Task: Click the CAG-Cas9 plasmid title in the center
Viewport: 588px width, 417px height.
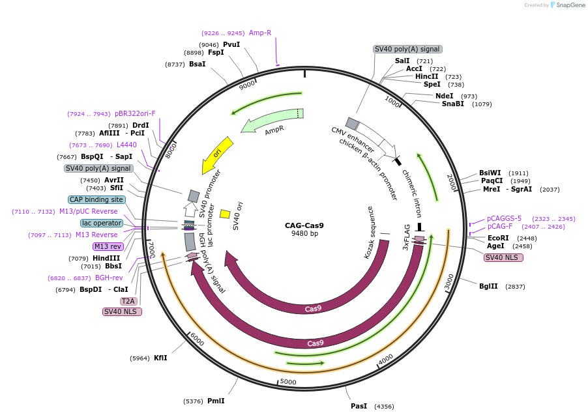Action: (304, 226)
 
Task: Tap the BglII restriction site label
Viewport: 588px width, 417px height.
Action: (488, 286)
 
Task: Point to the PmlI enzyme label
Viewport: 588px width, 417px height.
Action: (216, 401)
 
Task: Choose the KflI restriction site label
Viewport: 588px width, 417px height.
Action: (160, 358)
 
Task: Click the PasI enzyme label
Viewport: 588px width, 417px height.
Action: (359, 406)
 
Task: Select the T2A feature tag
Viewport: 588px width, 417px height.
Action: (128, 301)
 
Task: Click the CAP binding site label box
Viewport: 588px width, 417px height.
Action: (96, 199)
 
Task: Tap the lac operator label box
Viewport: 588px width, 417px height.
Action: (102, 223)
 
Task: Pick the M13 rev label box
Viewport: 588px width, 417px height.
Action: (108, 246)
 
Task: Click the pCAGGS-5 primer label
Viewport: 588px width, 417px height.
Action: (505, 218)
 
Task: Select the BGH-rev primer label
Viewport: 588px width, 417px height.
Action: (109, 278)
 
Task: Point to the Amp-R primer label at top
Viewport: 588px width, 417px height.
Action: (260, 33)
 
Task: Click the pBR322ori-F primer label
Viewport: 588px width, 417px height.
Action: (135, 113)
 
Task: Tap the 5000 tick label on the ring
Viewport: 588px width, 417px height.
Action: (287, 381)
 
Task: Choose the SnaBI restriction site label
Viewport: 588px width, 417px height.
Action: (453, 104)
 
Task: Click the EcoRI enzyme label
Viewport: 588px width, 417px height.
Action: (498, 238)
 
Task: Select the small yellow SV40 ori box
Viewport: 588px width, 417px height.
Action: (225, 214)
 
